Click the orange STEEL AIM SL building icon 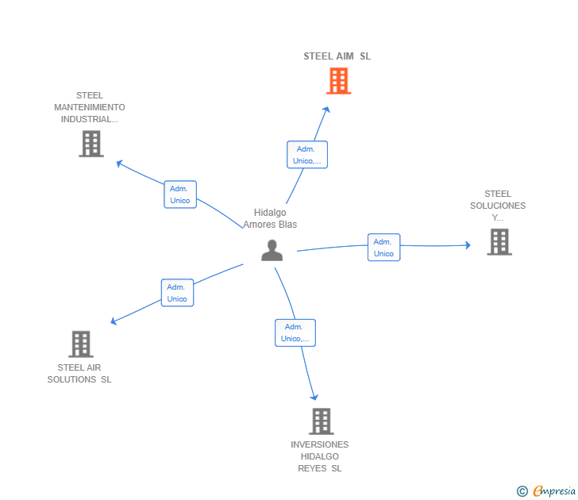click(x=338, y=81)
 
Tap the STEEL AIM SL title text click(x=337, y=56)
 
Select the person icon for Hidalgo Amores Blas click(x=272, y=250)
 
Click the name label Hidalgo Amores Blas click(x=270, y=218)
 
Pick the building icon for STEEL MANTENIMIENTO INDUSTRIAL click(x=91, y=144)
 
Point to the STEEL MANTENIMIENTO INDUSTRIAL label click(x=90, y=107)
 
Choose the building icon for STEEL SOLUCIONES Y click(x=499, y=242)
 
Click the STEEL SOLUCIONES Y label click(x=498, y=206)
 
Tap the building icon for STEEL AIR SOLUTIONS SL click(x=81, y=344)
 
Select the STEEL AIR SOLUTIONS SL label click(x=79, y=373)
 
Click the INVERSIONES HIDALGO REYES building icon click(x=321, y=421)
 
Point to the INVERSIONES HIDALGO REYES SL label click(x=319, y=456)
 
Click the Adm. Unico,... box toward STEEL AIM click(x=306, y=155)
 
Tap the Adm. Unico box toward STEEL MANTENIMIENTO click(x=180, y=194)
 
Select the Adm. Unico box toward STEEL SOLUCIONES click(x=383, y=248)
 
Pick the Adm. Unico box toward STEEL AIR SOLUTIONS click(x=177, y=293)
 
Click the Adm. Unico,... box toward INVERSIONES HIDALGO click(x=295, y=333)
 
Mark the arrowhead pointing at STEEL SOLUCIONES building click(x=468, y=245)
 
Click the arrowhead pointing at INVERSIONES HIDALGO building click(x=314, y=397)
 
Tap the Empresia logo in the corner click(x=547, y=490)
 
